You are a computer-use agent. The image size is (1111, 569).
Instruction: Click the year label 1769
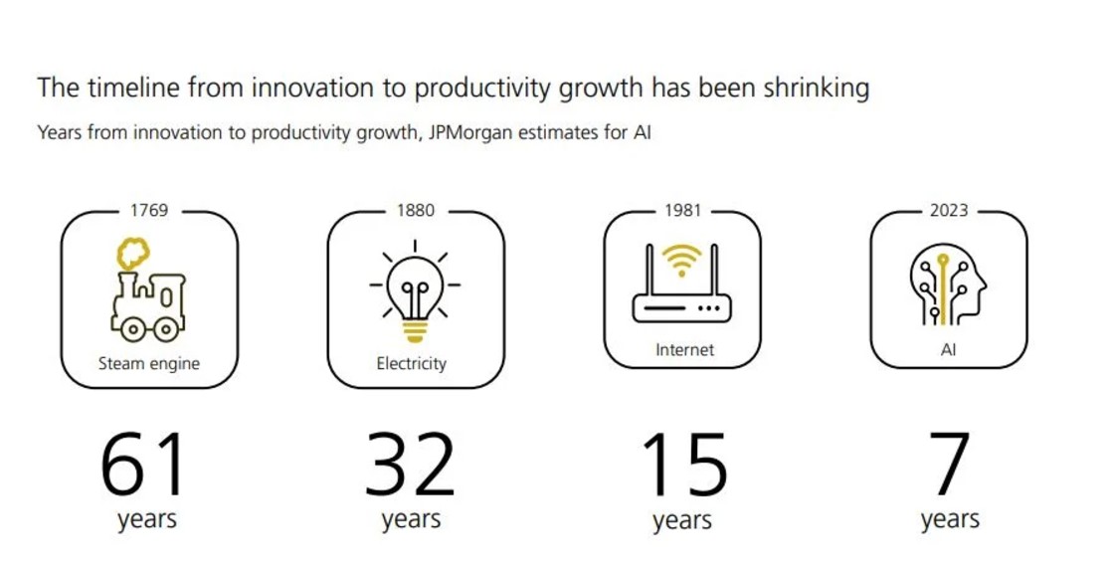[149, 211]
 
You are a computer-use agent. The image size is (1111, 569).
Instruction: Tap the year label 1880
[415, 211]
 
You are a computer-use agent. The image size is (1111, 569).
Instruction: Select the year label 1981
[682, 211]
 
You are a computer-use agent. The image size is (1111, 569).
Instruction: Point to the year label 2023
[949, 211]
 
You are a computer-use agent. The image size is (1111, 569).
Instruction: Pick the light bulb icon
[415, 291]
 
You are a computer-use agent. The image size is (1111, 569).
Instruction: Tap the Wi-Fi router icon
[681, 283]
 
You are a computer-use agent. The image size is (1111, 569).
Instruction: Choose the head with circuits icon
[948, 284]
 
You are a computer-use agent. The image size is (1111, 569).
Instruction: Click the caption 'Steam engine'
[149, 363]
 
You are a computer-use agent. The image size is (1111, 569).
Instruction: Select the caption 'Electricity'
[412, 363]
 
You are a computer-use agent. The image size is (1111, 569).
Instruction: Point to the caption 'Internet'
[684, 349]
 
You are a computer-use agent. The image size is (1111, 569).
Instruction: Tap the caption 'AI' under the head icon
[948, 350]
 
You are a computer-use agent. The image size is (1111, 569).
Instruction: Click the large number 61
[144, 466]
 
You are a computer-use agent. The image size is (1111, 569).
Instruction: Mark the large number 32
[410, 466]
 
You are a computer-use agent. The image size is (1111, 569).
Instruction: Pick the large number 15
[684, 466]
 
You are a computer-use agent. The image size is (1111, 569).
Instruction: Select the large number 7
[950, 466]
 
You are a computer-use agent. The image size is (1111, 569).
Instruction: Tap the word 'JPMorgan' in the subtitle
[469, 132]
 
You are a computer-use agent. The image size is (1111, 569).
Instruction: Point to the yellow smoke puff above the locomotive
[133, 253]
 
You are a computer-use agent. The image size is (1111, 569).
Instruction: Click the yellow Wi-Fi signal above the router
[681, 260]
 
